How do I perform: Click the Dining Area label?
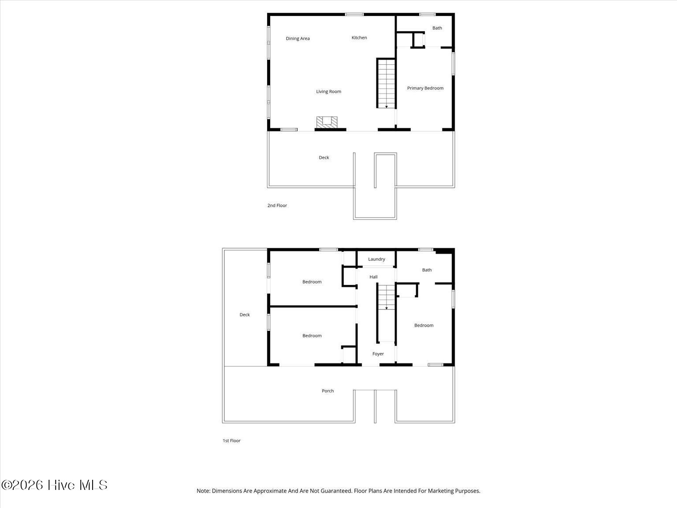click(298, 38)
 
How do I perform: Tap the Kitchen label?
click(359, 37)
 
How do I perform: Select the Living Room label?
click(328, 92)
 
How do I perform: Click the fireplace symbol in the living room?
click(327, 121)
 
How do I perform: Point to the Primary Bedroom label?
click(425, 88)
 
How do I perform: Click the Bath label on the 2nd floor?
click(437, 28)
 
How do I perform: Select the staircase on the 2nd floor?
click(386, 83)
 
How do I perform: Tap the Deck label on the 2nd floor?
click(324, 157)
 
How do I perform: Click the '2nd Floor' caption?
click(277, 205)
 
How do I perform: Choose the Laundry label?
click(376, 259)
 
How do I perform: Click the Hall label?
click(373, 277)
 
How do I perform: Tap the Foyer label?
click(378, 354)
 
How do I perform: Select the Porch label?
click(327, 391)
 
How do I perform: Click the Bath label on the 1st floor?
click(427, 270)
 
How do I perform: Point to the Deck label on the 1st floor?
click(245, 314)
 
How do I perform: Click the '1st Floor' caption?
click(231, 441)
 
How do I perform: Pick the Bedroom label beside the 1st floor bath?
click(424, 325)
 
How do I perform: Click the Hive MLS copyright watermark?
click(54, 485)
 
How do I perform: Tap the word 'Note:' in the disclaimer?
click(203, 491)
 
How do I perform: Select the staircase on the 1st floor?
click(386, 297)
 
